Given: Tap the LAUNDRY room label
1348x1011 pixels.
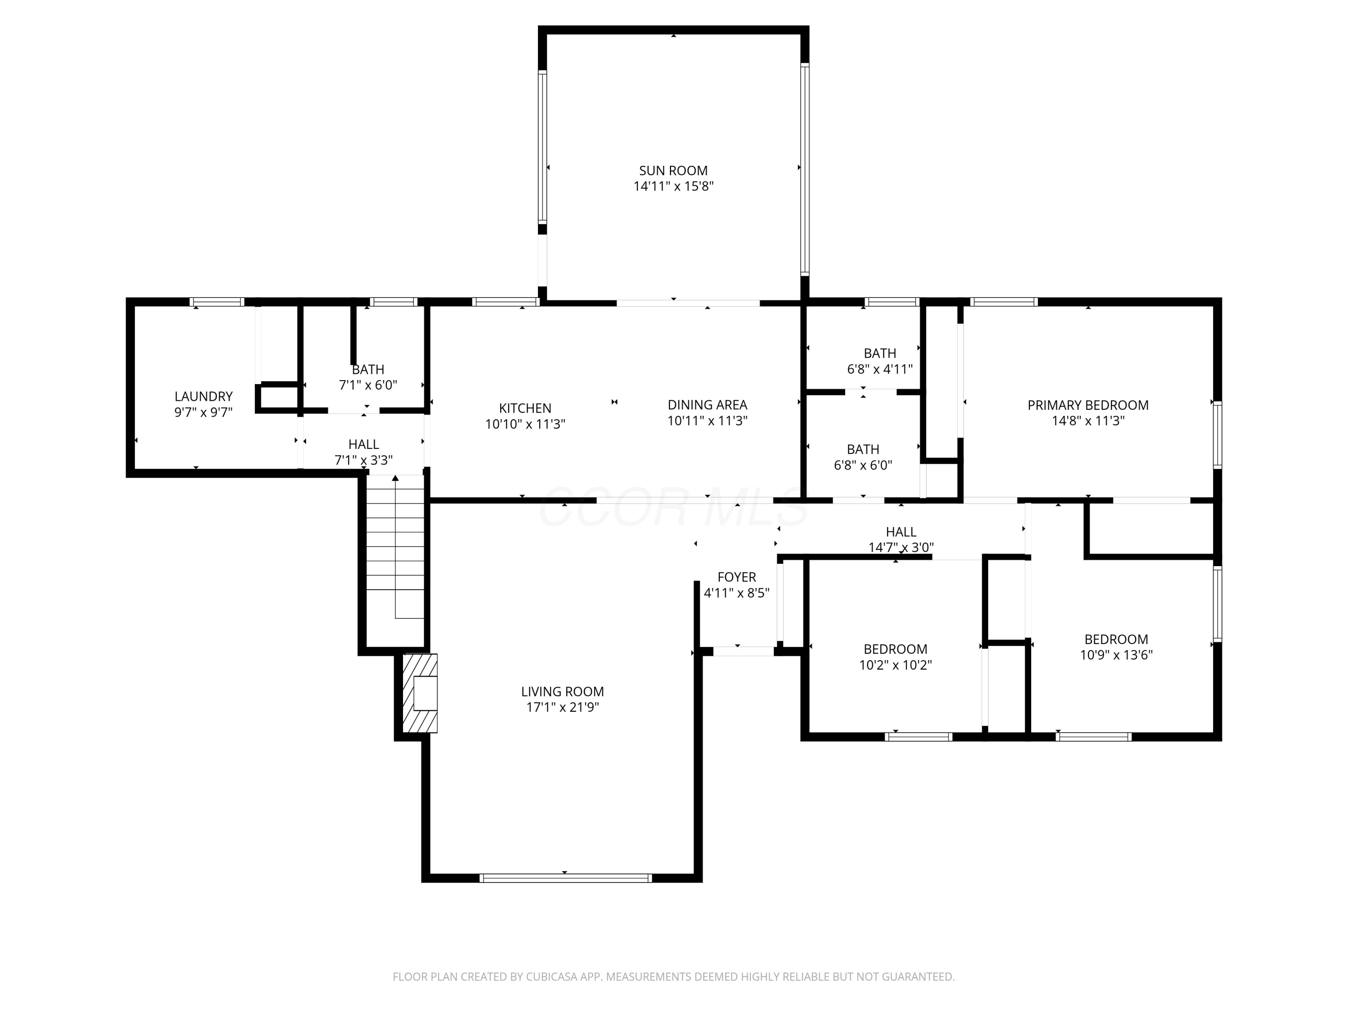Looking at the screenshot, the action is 204,397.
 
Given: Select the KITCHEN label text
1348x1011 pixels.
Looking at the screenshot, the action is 525,408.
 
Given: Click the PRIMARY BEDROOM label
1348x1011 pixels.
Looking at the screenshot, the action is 1088,405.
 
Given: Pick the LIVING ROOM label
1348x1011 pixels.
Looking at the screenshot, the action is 563,692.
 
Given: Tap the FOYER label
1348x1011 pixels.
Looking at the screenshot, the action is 737,577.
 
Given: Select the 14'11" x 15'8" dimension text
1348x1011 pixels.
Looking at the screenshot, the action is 674,186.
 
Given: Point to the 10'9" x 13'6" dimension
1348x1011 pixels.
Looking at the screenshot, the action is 1117,655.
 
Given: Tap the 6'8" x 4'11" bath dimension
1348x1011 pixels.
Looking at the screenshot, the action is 880,369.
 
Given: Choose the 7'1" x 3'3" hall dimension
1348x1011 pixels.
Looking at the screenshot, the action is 364,460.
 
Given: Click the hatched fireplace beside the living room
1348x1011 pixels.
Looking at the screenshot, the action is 420,693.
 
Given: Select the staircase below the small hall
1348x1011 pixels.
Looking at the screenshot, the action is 395,547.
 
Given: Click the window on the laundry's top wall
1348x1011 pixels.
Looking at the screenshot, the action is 217,302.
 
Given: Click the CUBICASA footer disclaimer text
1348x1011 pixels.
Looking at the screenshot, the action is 674,977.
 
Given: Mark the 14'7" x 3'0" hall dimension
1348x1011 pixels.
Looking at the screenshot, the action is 901,548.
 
